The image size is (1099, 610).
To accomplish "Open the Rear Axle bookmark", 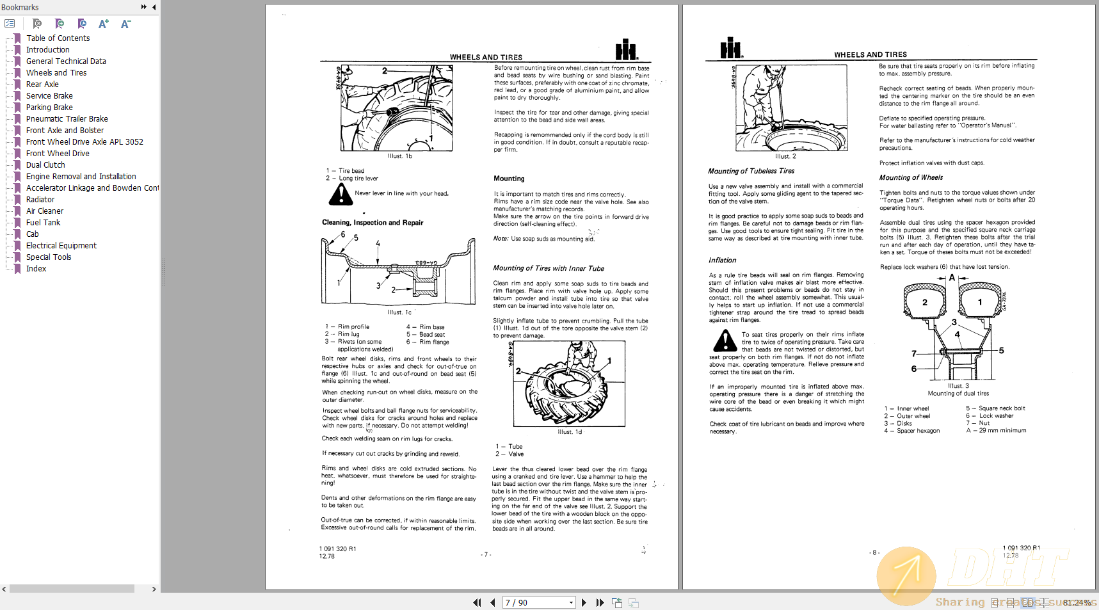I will click(42, 84).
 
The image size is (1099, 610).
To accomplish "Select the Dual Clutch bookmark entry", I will click(45, 165).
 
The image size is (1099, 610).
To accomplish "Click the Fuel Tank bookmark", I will click(43, 223).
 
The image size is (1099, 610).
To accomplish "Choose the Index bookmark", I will click(36, 269).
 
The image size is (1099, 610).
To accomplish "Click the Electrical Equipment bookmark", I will click(61, 246).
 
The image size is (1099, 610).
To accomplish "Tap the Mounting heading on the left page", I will click(509, 179).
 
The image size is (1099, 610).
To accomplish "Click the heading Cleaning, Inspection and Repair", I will click(373, 223).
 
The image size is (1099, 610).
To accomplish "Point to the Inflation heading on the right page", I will click(722, 261).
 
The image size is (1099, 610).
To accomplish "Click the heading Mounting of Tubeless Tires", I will click(751, 171).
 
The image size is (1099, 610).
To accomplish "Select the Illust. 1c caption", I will click(399, 312).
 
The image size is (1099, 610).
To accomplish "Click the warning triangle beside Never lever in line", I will click(341, 195).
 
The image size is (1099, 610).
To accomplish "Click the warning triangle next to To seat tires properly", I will click(725, 341).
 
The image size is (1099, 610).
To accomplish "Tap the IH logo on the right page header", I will click(731, 48).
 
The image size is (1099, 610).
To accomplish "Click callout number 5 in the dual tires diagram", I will click(1001, 351).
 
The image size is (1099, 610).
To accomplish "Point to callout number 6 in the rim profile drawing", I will click(343, 234).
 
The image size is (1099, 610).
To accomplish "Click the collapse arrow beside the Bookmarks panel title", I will click(154, 7).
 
